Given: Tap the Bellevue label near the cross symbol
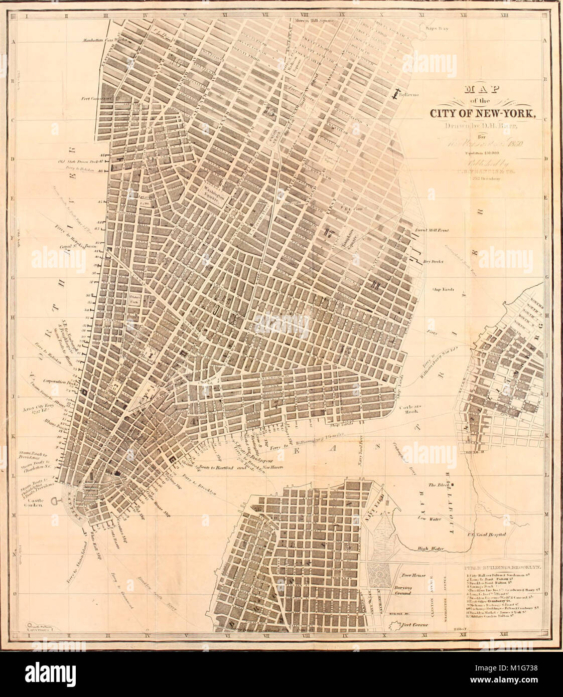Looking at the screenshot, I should (409, 94).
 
